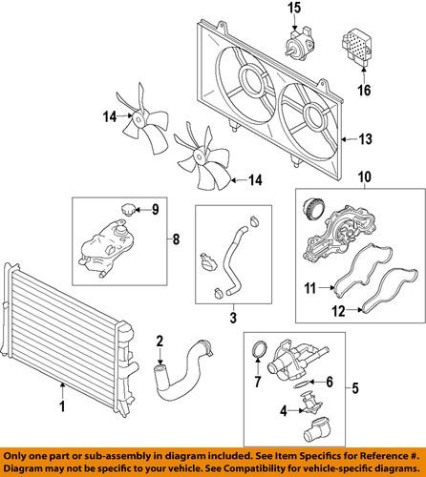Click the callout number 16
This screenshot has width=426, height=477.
pyautogui.click(x=364, y=90)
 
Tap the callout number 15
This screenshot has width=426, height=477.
pyautogui.click(x=294, y=9)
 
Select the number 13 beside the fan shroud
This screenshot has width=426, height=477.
pyautogui.click(x=365, y=139)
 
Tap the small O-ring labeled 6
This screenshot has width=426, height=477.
pyautogui.click(x=302, y=384)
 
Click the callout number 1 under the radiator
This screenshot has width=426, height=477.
pyautogui.click(x=63, y=406)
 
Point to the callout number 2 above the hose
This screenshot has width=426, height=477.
pyautogui.click(x=160, y=342)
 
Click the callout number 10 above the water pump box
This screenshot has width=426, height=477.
pyautogui.click(x=365, y=177)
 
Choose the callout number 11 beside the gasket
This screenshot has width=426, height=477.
pyautogui.click(x=309, y=288)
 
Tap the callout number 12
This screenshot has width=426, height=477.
pyautogui.click(x=339, y=311)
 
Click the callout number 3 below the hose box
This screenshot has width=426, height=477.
pyautogui.click(x=233, y=317)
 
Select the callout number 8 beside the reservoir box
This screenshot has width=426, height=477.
pyautogui.click(x=176, y=239)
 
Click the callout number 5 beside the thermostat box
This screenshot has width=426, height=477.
pyautogui.click(x=355, y=388)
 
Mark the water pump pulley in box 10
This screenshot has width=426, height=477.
pyautogui.click(x=313, y=209)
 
